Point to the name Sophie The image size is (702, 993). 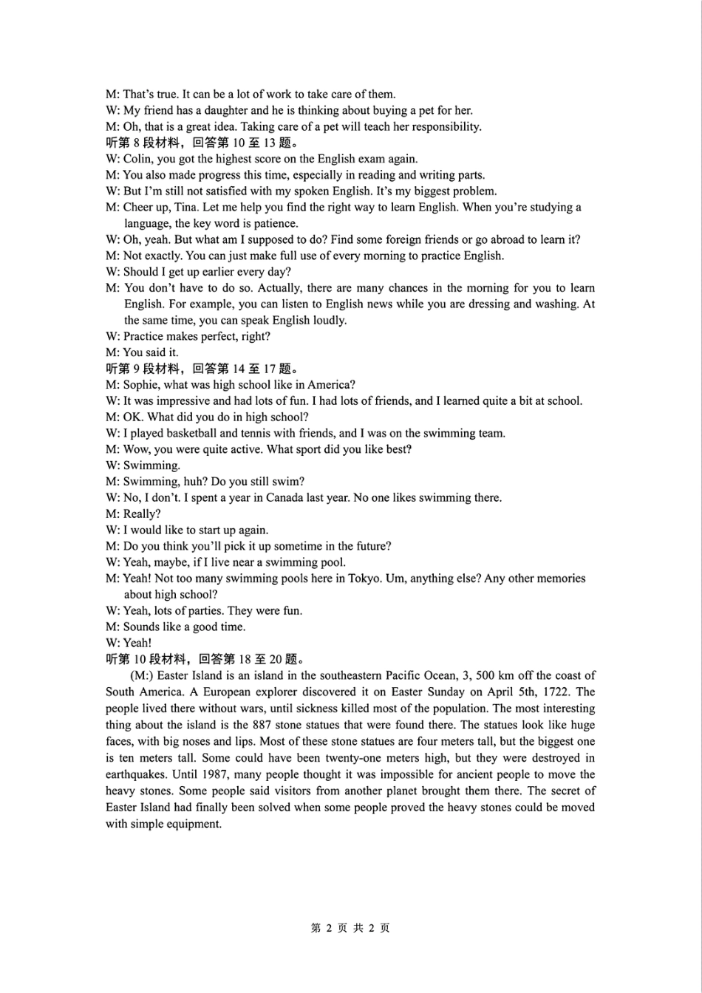(x=141, y=385)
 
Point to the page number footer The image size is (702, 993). (x=350, y=928)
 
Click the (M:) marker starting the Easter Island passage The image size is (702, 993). (x=141, y=675)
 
